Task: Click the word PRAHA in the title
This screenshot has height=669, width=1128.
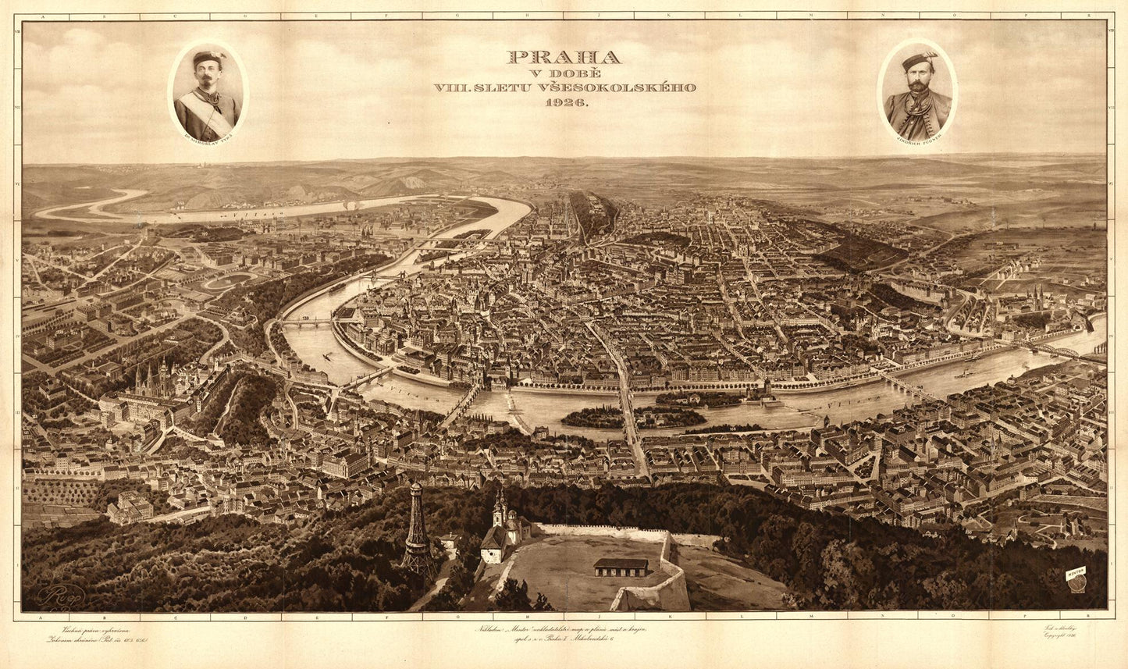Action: pyautogui.click(x=564, y=57)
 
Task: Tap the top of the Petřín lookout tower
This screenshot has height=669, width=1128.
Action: pyautogui.click(x=416, y=488)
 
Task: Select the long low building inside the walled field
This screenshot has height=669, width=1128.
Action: pyautogui.click(x=621, y=566)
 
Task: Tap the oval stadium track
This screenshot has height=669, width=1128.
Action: pyautogui.click(x=230, y=279)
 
